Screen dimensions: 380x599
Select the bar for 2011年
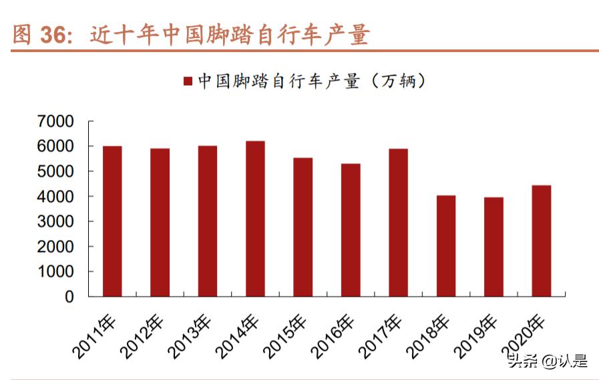pos(112,221)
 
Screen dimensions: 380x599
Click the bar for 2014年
pos(255,218)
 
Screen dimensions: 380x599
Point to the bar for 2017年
pos(398,222)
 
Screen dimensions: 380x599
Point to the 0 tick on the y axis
pos(69,297)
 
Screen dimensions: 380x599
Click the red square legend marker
pos(188,81)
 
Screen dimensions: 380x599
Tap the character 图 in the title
pos(22,35)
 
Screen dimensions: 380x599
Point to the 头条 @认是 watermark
pos(548,361)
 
